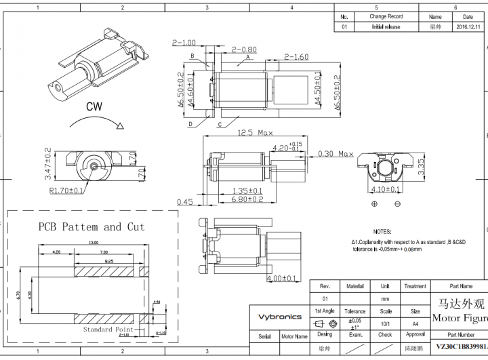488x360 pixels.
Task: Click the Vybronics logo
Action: tap(279, 317)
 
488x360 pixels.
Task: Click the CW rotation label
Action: tap(95, 106)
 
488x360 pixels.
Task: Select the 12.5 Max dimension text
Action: tap(255, 133)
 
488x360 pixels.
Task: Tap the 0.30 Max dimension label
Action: tap(335, 154)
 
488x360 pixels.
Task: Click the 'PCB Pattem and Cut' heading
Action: tap(91, 226)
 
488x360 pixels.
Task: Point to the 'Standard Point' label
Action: tap(108, 329)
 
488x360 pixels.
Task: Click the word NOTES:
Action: tap(382, 231)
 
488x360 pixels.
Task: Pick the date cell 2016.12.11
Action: tap(468, 27)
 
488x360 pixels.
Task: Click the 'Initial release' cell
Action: tap(386, 27)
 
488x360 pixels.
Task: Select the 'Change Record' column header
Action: tap(386, 16)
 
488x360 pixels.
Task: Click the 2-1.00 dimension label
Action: tap(184, 43)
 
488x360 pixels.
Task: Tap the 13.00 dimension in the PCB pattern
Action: tap(93, 242)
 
